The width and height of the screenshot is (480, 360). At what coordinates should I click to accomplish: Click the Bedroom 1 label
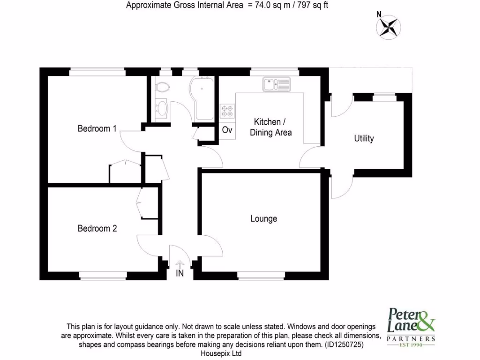coord(97,128)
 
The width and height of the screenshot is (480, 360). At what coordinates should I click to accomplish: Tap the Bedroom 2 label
coord(97,228)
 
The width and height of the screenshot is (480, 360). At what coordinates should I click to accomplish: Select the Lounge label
coord(263,219)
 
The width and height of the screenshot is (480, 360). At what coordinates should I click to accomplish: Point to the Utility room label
coord(364,138)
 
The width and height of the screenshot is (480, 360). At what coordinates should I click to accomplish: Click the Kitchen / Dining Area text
coord(270,127)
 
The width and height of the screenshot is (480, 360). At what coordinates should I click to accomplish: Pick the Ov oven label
coord(227,130)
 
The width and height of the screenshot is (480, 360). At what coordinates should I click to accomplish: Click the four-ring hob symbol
coord(227,110)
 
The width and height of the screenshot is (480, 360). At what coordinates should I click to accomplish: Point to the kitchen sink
coord(277,84)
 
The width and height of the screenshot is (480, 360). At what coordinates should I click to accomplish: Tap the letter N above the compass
coord(379,15)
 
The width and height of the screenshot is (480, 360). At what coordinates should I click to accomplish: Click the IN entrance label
coord(180,273)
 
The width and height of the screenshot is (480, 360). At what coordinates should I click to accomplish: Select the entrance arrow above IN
coord(180,265)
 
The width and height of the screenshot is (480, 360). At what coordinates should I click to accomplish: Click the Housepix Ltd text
coord(221,353)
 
